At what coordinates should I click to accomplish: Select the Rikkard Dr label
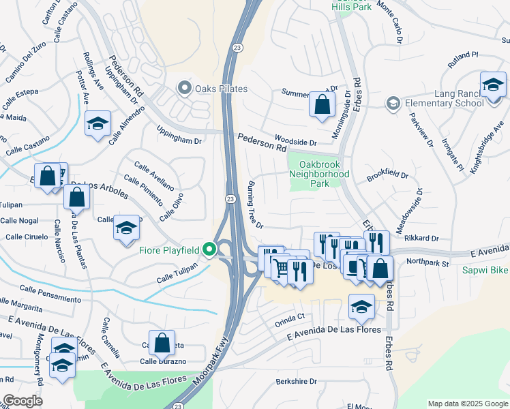pos(421,238)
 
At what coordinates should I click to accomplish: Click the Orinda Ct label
pos(290,318)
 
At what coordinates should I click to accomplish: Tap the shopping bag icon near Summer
pos(322,105)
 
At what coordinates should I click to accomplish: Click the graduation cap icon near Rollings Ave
pos(97,124)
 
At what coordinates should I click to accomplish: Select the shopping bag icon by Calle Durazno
pos(162,344)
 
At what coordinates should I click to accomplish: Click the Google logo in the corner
pos(23,401)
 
